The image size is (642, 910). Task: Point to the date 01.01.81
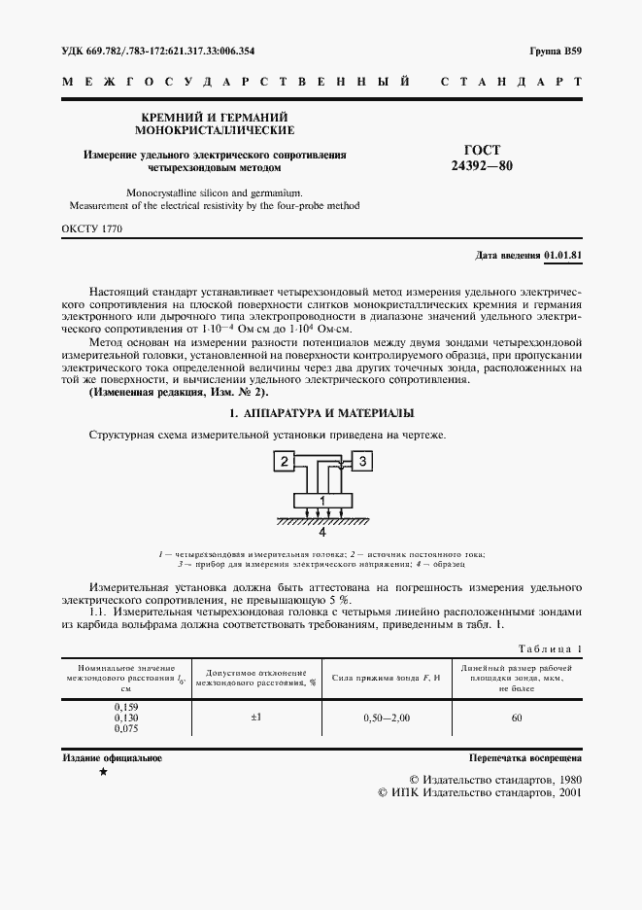(563, 255)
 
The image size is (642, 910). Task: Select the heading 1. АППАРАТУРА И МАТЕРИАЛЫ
(321, 413)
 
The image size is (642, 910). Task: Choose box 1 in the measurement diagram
(321, 500)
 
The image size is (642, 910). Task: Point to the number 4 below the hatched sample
(321, 533)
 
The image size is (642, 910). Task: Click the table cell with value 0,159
(126, 706)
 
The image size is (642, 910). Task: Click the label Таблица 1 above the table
(551, 648)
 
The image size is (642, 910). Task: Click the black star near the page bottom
(104, 772)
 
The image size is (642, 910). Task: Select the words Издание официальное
(112, 756)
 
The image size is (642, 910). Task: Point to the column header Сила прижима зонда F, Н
(386, 676)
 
